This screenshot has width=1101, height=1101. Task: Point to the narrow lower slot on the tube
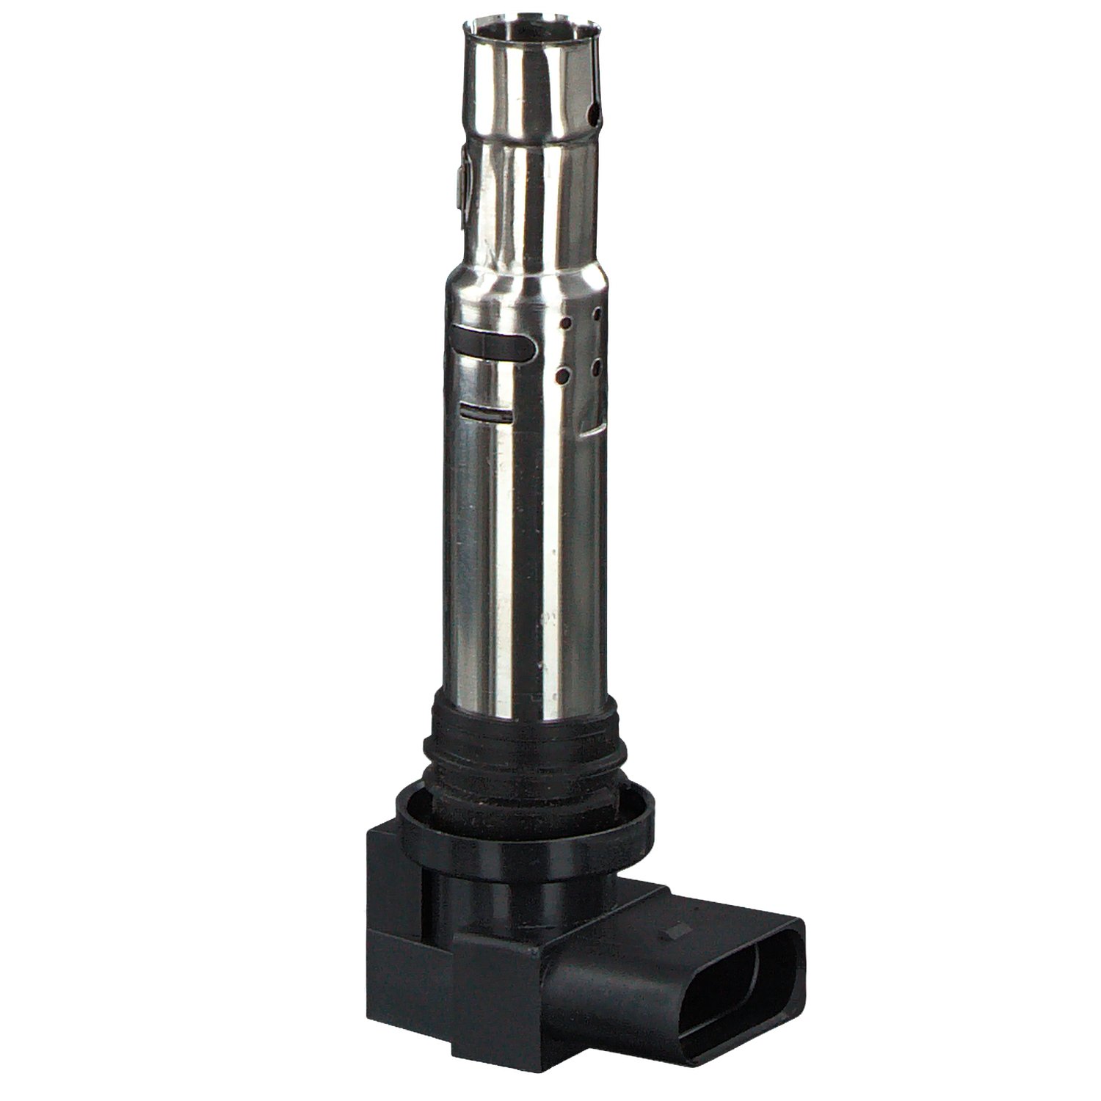[x=482, y=411]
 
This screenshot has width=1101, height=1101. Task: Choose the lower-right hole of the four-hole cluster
[x=597, y=363]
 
